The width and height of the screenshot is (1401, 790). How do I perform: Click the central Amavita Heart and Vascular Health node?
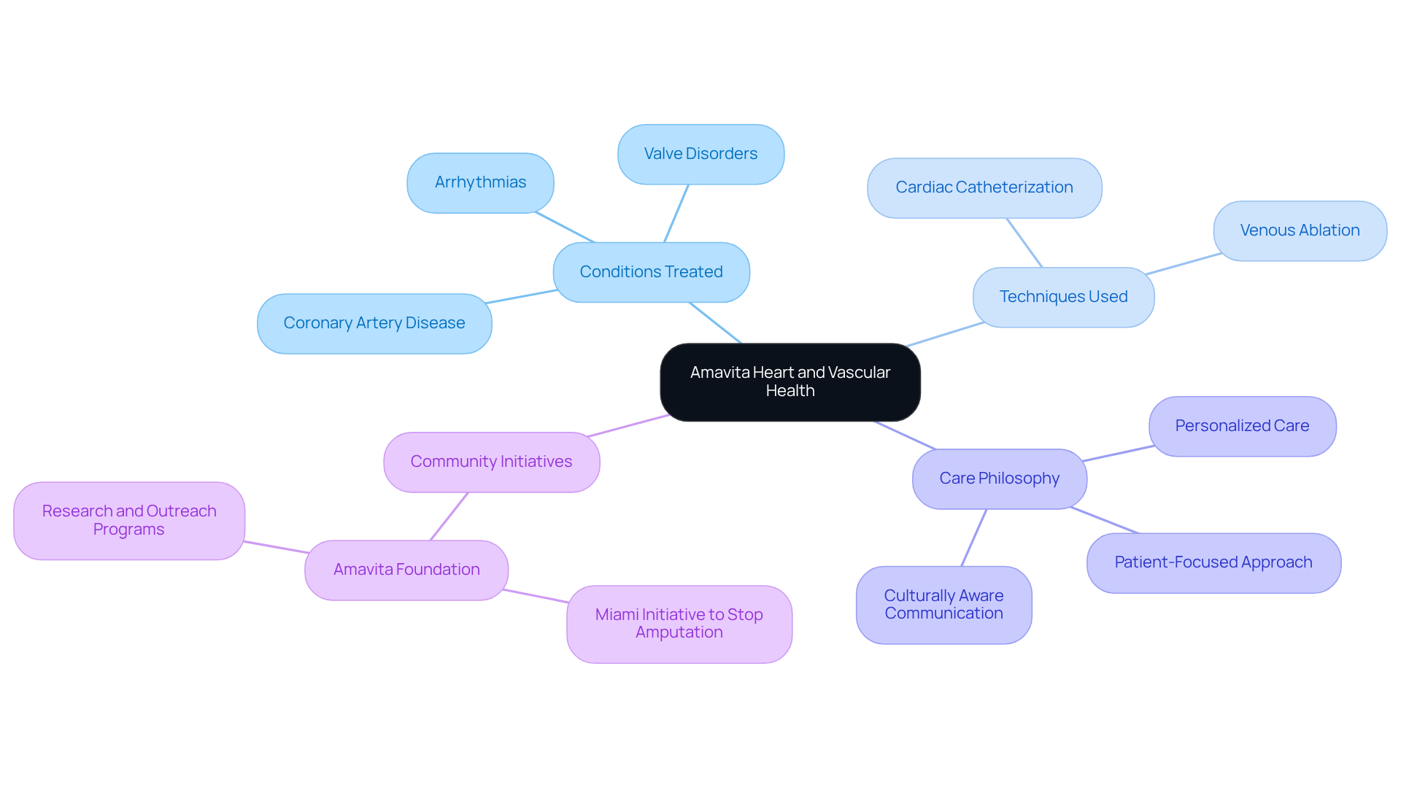click(790, 382)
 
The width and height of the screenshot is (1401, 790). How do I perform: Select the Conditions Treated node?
click(651, 272)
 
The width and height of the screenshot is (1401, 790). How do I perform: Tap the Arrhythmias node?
click(480, 182)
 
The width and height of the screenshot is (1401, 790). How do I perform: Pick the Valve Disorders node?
click(700, 154)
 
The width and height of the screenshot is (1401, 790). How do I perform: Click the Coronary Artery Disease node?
click(374, 323)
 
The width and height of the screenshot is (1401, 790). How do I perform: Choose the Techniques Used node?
click(1063, 297)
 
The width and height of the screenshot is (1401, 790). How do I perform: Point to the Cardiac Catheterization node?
click(984, 187)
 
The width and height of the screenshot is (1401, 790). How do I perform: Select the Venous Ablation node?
click(1300, 231)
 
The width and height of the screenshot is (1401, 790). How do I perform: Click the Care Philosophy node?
click(999, 479)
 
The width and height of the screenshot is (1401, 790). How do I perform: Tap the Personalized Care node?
click(1242, 426)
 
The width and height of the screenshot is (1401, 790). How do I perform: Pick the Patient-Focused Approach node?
click(1213, 562)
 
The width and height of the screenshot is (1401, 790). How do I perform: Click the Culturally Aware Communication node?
click(943, 605)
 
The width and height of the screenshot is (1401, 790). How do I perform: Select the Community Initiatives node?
click(491, 462)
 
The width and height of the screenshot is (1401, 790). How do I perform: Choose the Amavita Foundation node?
click(406, 570)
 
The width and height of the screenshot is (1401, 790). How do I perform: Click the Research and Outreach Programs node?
click(129, 520)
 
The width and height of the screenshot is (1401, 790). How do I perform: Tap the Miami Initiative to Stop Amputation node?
click(679, 624)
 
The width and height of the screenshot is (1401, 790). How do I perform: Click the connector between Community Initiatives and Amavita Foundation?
click(449, 516)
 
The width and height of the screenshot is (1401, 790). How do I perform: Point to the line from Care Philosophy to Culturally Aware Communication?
click(974, 538)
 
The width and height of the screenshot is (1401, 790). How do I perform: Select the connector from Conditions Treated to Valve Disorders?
click(676, 213)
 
